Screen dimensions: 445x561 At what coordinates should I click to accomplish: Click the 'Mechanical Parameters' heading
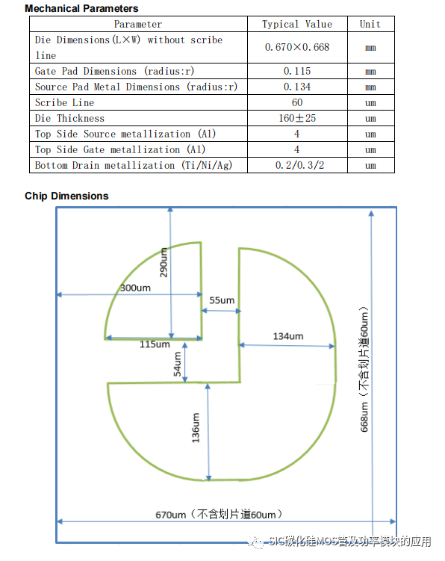tap(81, 8)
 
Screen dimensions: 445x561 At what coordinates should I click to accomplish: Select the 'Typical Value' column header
tap(297, 24)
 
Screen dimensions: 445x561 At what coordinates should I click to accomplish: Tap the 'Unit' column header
tap(370, 24)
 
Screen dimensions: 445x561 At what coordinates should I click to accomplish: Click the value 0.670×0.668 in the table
tap(297, 47)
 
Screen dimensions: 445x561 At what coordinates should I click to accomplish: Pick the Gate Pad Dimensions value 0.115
tap(297, 71)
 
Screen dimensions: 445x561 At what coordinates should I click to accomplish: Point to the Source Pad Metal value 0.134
tap(297, 87)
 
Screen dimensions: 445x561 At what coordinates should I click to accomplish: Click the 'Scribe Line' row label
tap(64, 102)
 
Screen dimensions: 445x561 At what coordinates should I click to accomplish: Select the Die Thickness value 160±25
tap(297, 118)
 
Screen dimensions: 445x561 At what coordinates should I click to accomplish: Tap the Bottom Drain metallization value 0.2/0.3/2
tap(299, 165)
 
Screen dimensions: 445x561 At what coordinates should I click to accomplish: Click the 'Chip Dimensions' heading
tap(66, 196)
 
